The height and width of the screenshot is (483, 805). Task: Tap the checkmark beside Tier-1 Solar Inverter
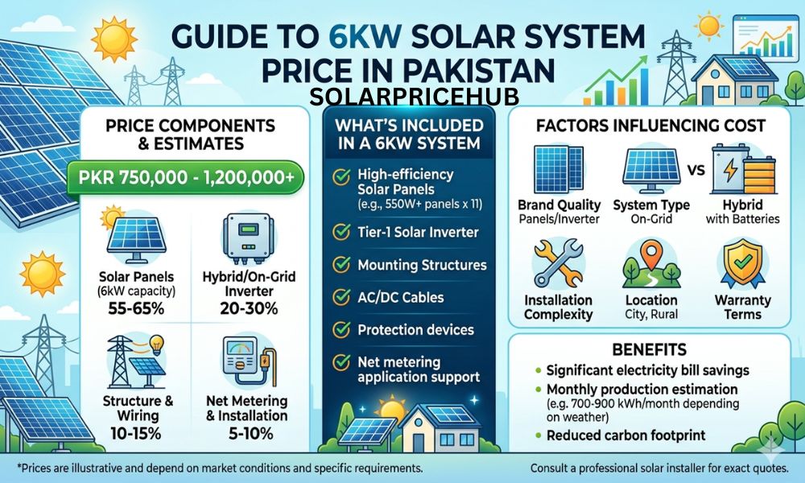pos(341,233)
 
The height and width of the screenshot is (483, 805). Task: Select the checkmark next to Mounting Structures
pos(341,265)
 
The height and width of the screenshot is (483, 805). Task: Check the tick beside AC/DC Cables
pos(341,297)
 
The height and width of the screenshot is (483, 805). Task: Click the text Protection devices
pos(415,330)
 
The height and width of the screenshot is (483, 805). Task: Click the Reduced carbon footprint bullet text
pos(625,435)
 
